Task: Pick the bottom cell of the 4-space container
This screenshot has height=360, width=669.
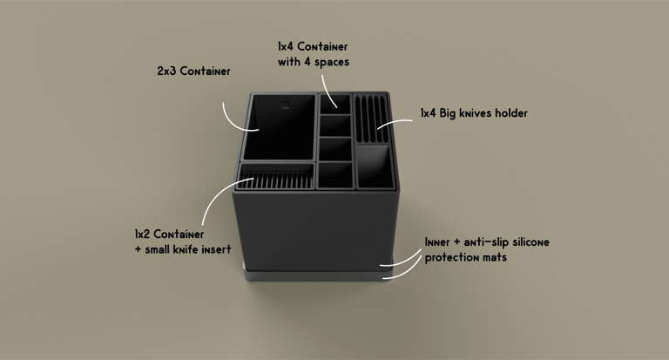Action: pyautogui.click(x=334, y=174)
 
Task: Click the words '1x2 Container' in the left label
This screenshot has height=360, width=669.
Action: pyautogui.click(x=169, y=234)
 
